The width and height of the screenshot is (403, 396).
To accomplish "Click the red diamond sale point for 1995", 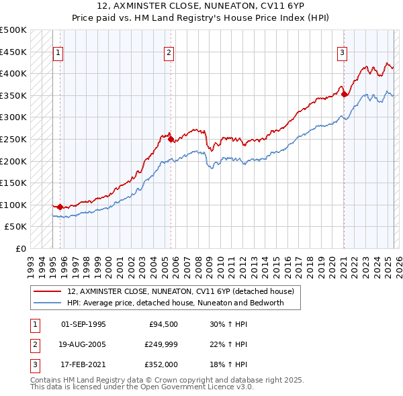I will [x=60, y=207].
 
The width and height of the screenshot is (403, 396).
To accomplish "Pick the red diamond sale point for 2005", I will [x=171, y=140].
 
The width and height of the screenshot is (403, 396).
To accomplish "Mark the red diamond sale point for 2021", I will [x=344, y=95].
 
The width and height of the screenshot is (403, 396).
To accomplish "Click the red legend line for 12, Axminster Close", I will [x=48, y=292].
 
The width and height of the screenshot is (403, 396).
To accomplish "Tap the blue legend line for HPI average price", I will [x=48, y=303].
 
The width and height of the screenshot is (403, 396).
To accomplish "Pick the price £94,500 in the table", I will [x=162, y=324].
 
